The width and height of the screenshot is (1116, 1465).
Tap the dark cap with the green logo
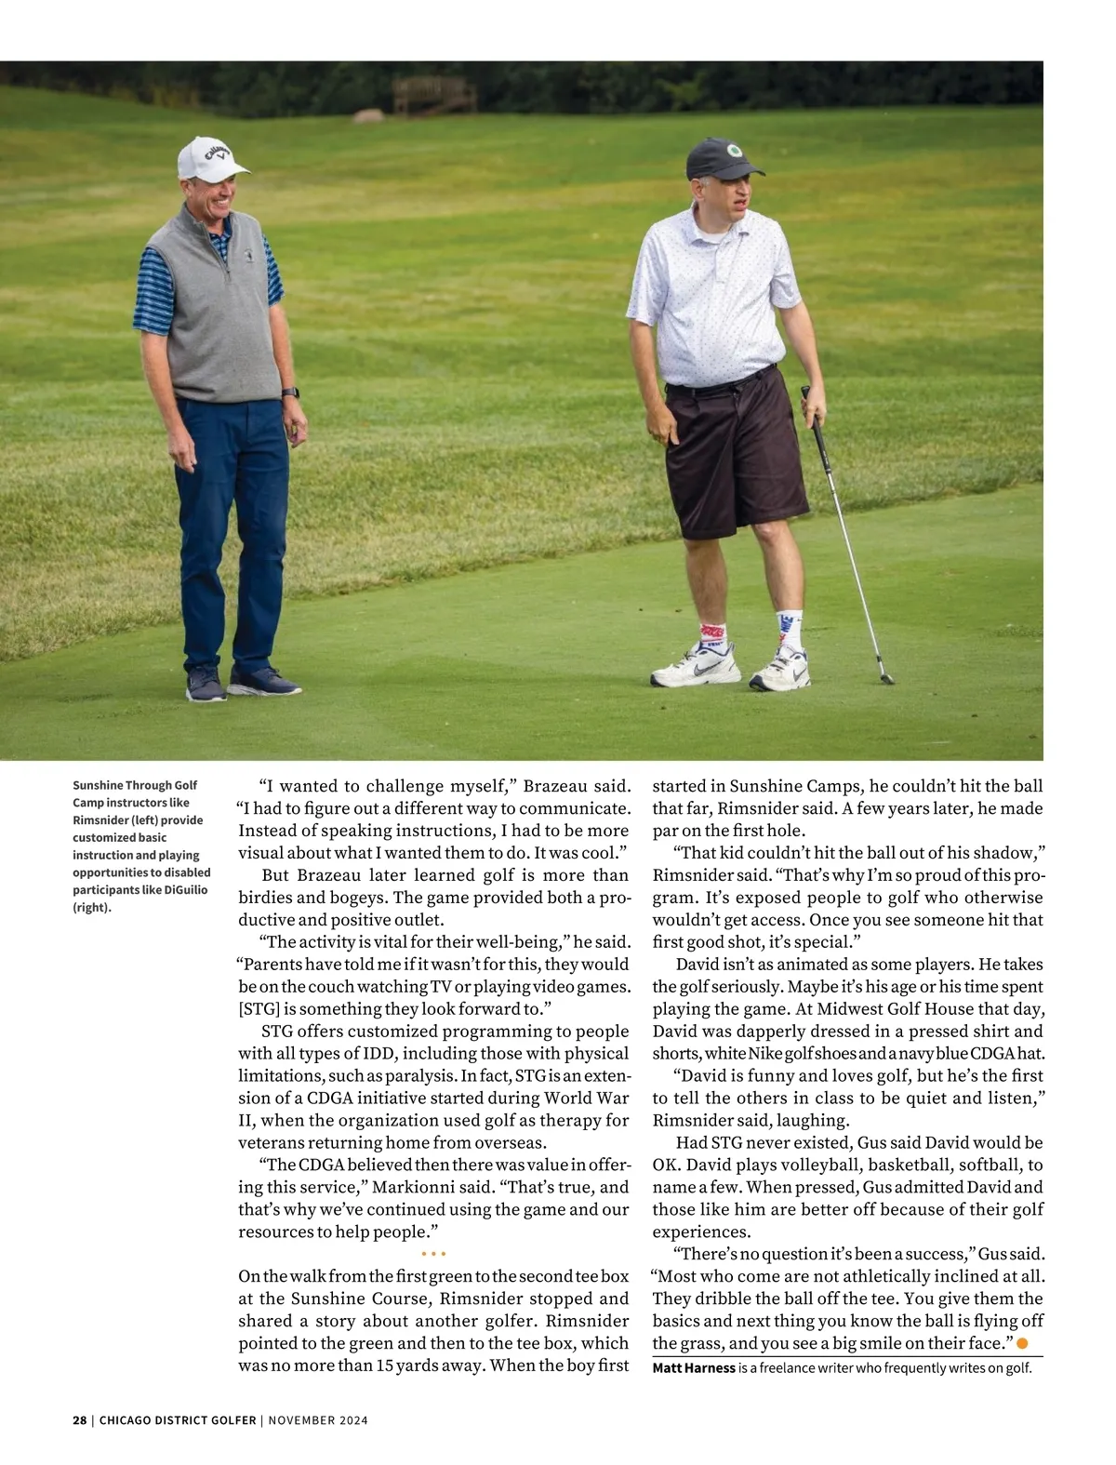tap(722, 159)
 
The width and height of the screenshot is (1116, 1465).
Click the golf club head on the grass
tap(886, 679)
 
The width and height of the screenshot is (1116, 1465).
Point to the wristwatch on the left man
tap(290, 393)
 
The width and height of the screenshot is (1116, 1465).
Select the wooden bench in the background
tap(434, 95)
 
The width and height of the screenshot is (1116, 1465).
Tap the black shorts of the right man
tap(735, 456)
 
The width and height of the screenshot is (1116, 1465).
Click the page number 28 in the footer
tap(79, 1420)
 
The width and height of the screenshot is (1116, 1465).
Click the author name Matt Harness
tap(694, 1368)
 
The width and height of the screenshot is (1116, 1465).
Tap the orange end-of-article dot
tap(1023, 1343)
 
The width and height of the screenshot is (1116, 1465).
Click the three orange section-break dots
tap(433, 1254)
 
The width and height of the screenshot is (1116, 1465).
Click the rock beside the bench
tap(368, 116)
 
